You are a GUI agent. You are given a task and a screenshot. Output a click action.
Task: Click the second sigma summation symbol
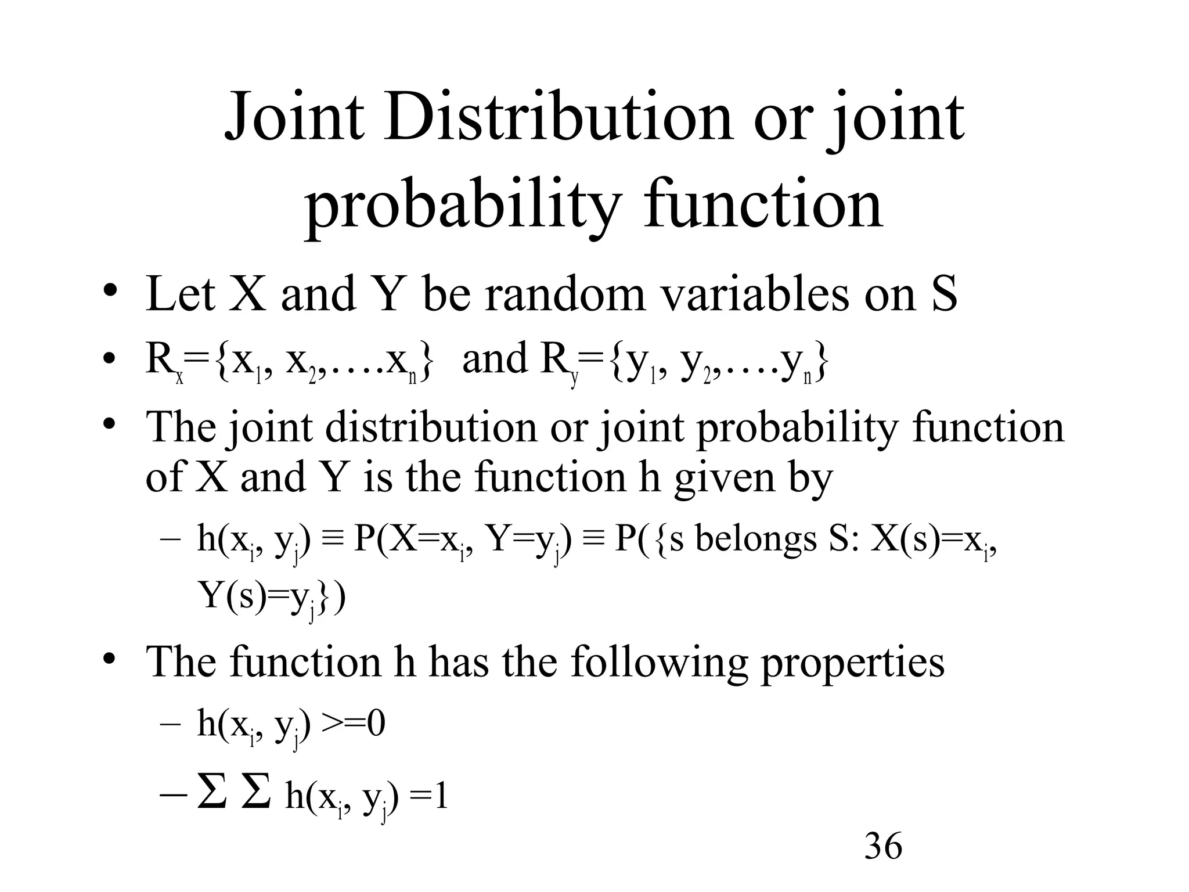click(256, 793)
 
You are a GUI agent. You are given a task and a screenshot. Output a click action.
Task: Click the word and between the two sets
click(495, 359)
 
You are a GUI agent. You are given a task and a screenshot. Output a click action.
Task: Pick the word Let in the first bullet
click(181, 294)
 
